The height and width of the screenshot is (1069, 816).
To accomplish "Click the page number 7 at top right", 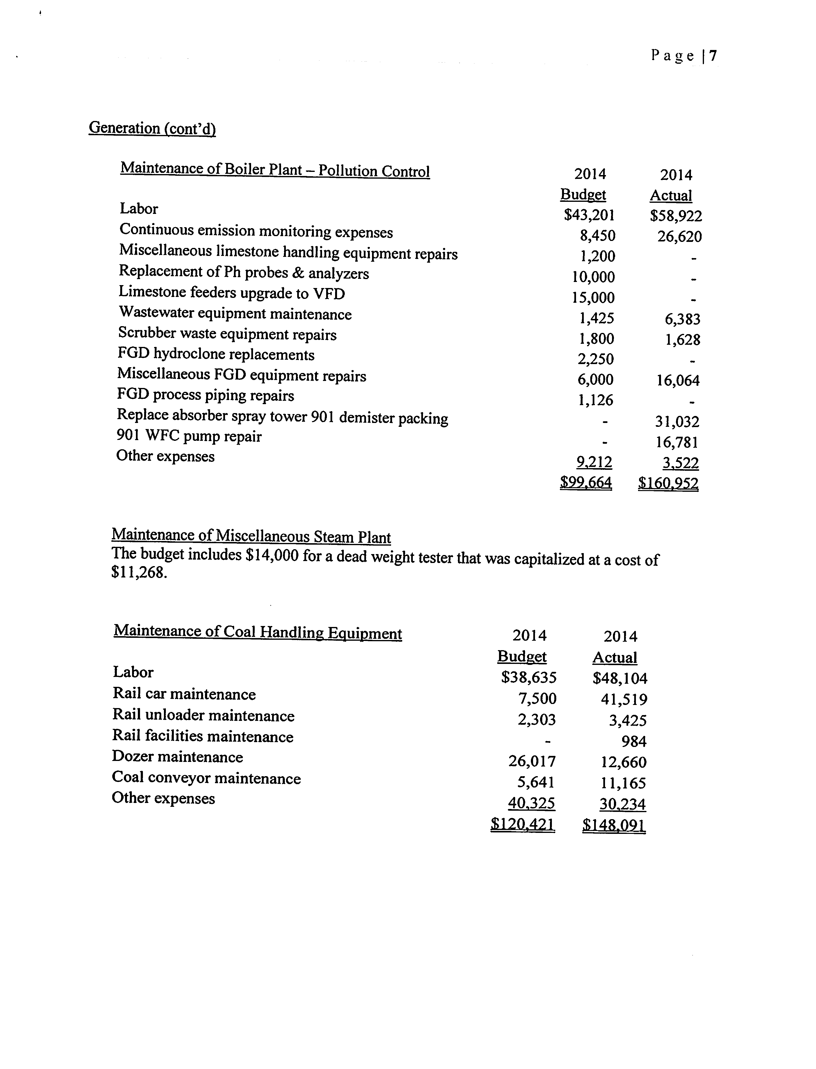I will point(712,56).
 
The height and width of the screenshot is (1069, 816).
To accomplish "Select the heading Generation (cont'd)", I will point(152,128).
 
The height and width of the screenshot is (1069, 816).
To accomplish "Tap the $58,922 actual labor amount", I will point(676,216).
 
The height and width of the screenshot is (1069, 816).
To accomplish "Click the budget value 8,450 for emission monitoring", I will point(597,236).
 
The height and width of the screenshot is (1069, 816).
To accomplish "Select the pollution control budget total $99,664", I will point(586,483).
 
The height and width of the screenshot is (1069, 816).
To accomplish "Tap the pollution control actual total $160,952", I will point(668,483).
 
